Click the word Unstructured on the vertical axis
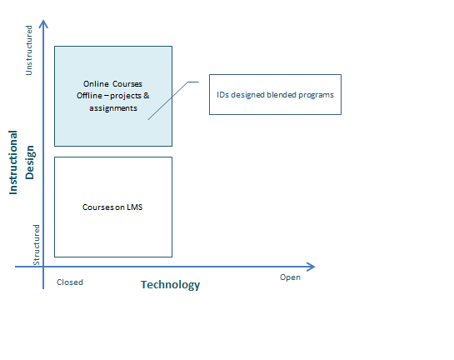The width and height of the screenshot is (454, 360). click(29, 50)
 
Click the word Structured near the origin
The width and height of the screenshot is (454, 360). click(36, 245)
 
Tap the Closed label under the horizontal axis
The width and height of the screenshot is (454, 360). click(70, 282)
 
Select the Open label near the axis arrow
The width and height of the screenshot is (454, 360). click(290, 277)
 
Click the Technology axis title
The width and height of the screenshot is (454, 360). click(170, 285)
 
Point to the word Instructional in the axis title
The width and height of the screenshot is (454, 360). click(13, 162)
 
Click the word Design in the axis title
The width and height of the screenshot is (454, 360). click(30, 162)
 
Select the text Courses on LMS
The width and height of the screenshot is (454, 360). click(112, 207)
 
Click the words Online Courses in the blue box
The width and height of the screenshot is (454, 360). click(112, 84)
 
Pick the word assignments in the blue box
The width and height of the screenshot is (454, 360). click(113, 108)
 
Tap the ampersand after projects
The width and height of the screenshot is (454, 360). click(147, 95)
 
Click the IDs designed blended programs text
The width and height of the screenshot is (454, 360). click(276, 95)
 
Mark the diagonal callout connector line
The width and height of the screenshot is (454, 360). click(168, 101)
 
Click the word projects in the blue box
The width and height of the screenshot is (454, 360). click(126, 96)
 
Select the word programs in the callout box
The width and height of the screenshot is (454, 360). click(317, 95)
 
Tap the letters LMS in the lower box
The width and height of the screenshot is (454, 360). click(135, 207)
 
